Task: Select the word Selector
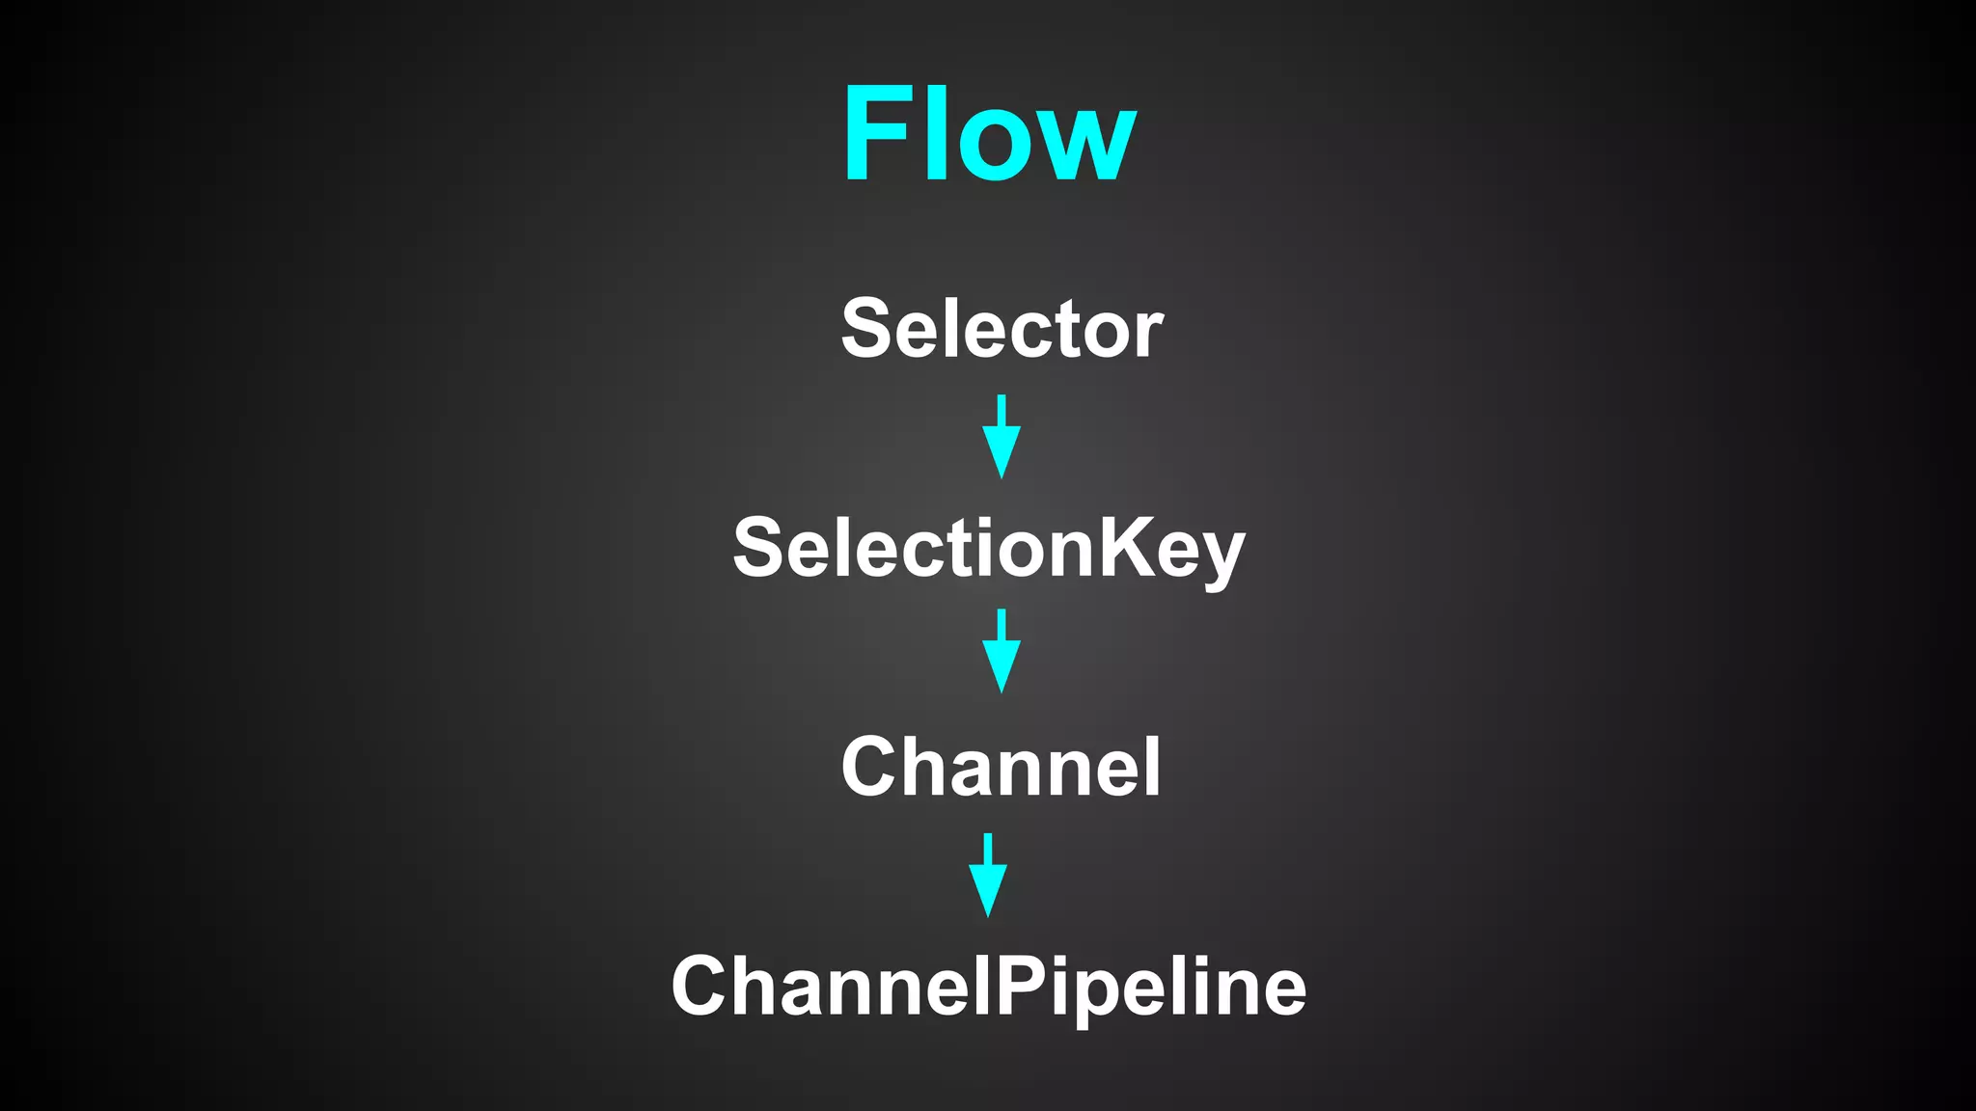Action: click(x=1002, y=329)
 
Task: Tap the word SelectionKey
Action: click(x=989, y=548)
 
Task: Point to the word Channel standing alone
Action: click(x=1001, y=767)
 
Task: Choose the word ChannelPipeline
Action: click(x=989, y=986)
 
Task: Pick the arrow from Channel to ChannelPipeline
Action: click(x=988, y=875)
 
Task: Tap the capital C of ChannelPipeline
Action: click(x=701, y=986)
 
